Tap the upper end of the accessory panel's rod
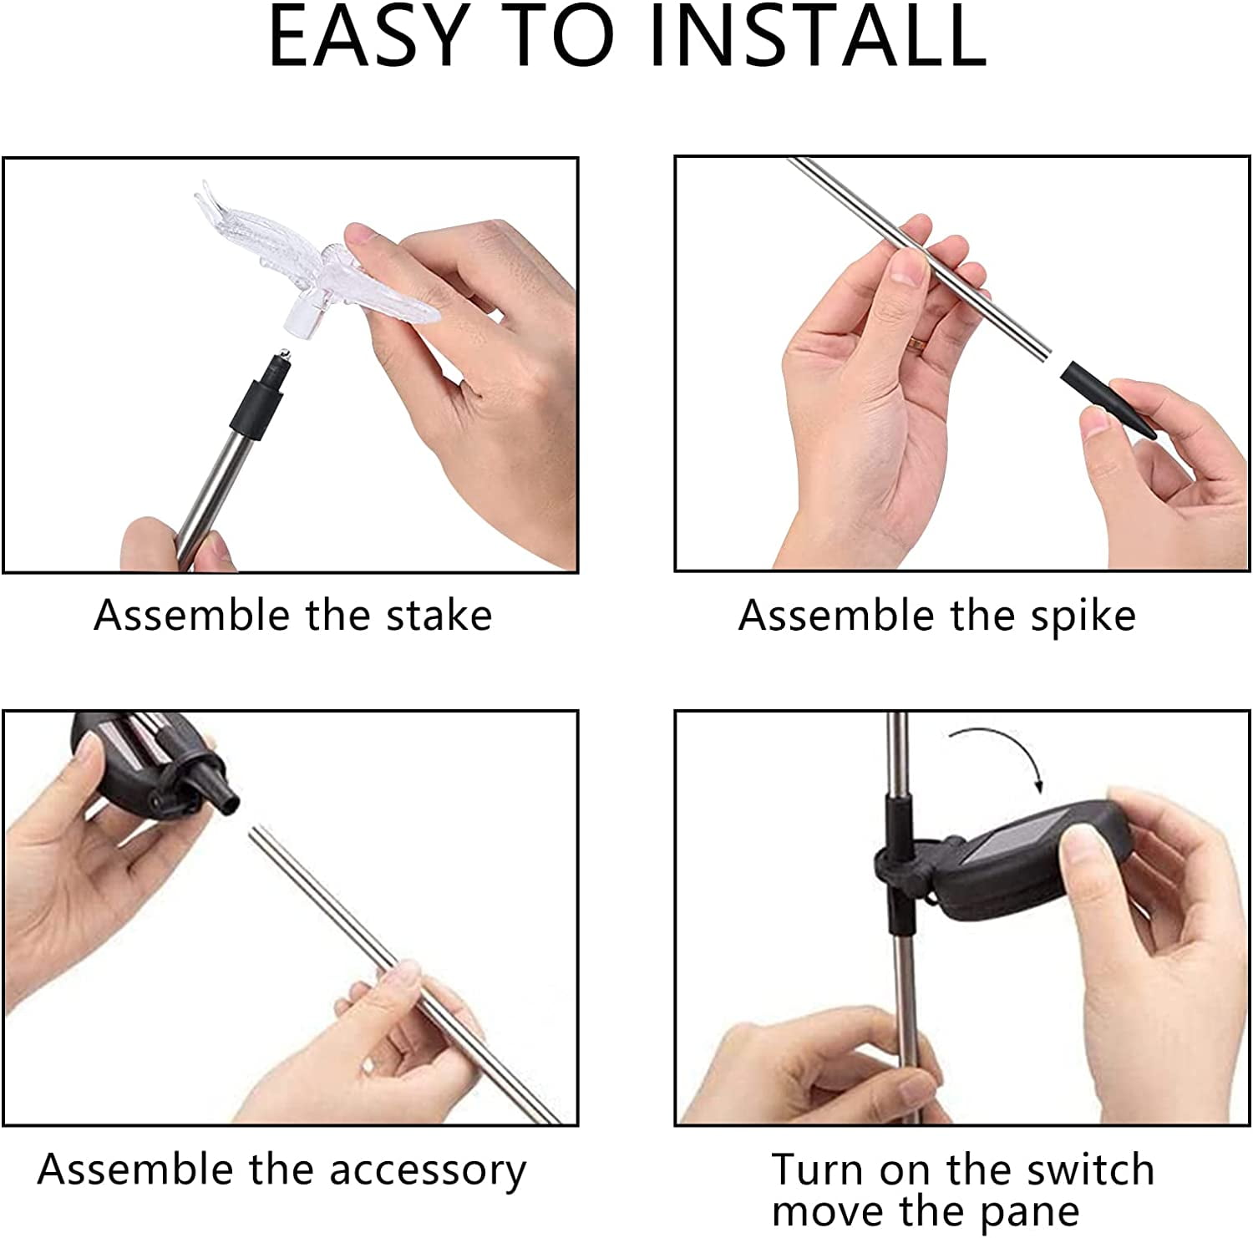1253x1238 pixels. point(256,830)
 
